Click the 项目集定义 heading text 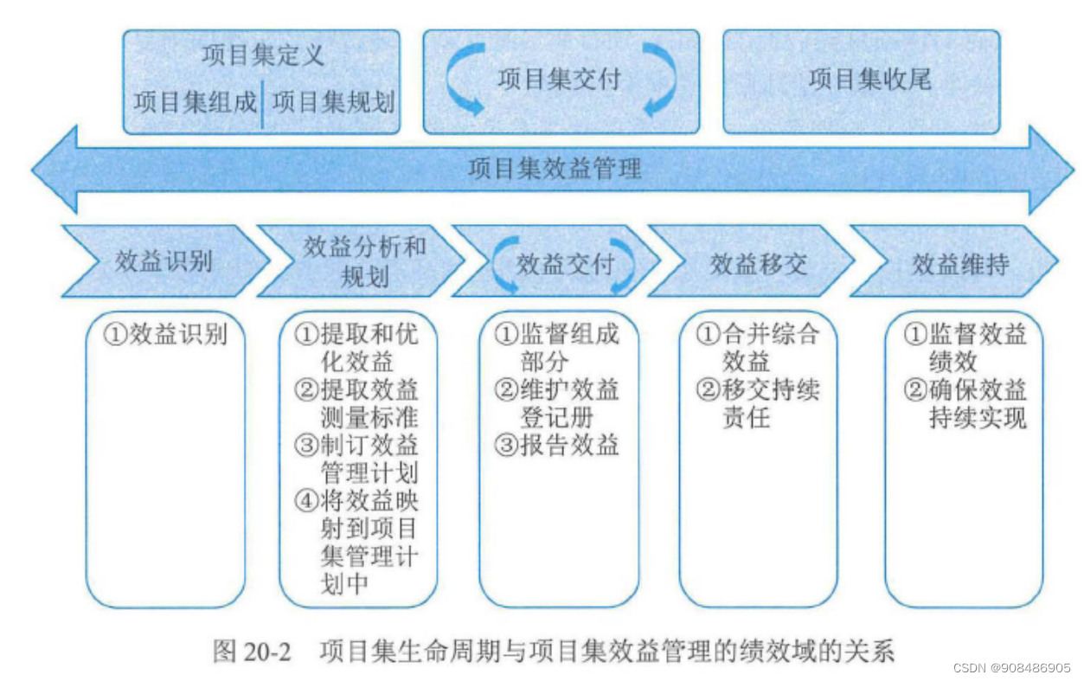262,55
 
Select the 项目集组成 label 196,102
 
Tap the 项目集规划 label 333,102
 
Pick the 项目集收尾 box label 869,80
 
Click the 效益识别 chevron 164,261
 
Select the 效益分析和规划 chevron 363,260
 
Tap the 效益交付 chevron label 564,264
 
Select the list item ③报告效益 557,445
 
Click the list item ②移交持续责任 758,403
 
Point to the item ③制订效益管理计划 356,459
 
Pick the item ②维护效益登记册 557,403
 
